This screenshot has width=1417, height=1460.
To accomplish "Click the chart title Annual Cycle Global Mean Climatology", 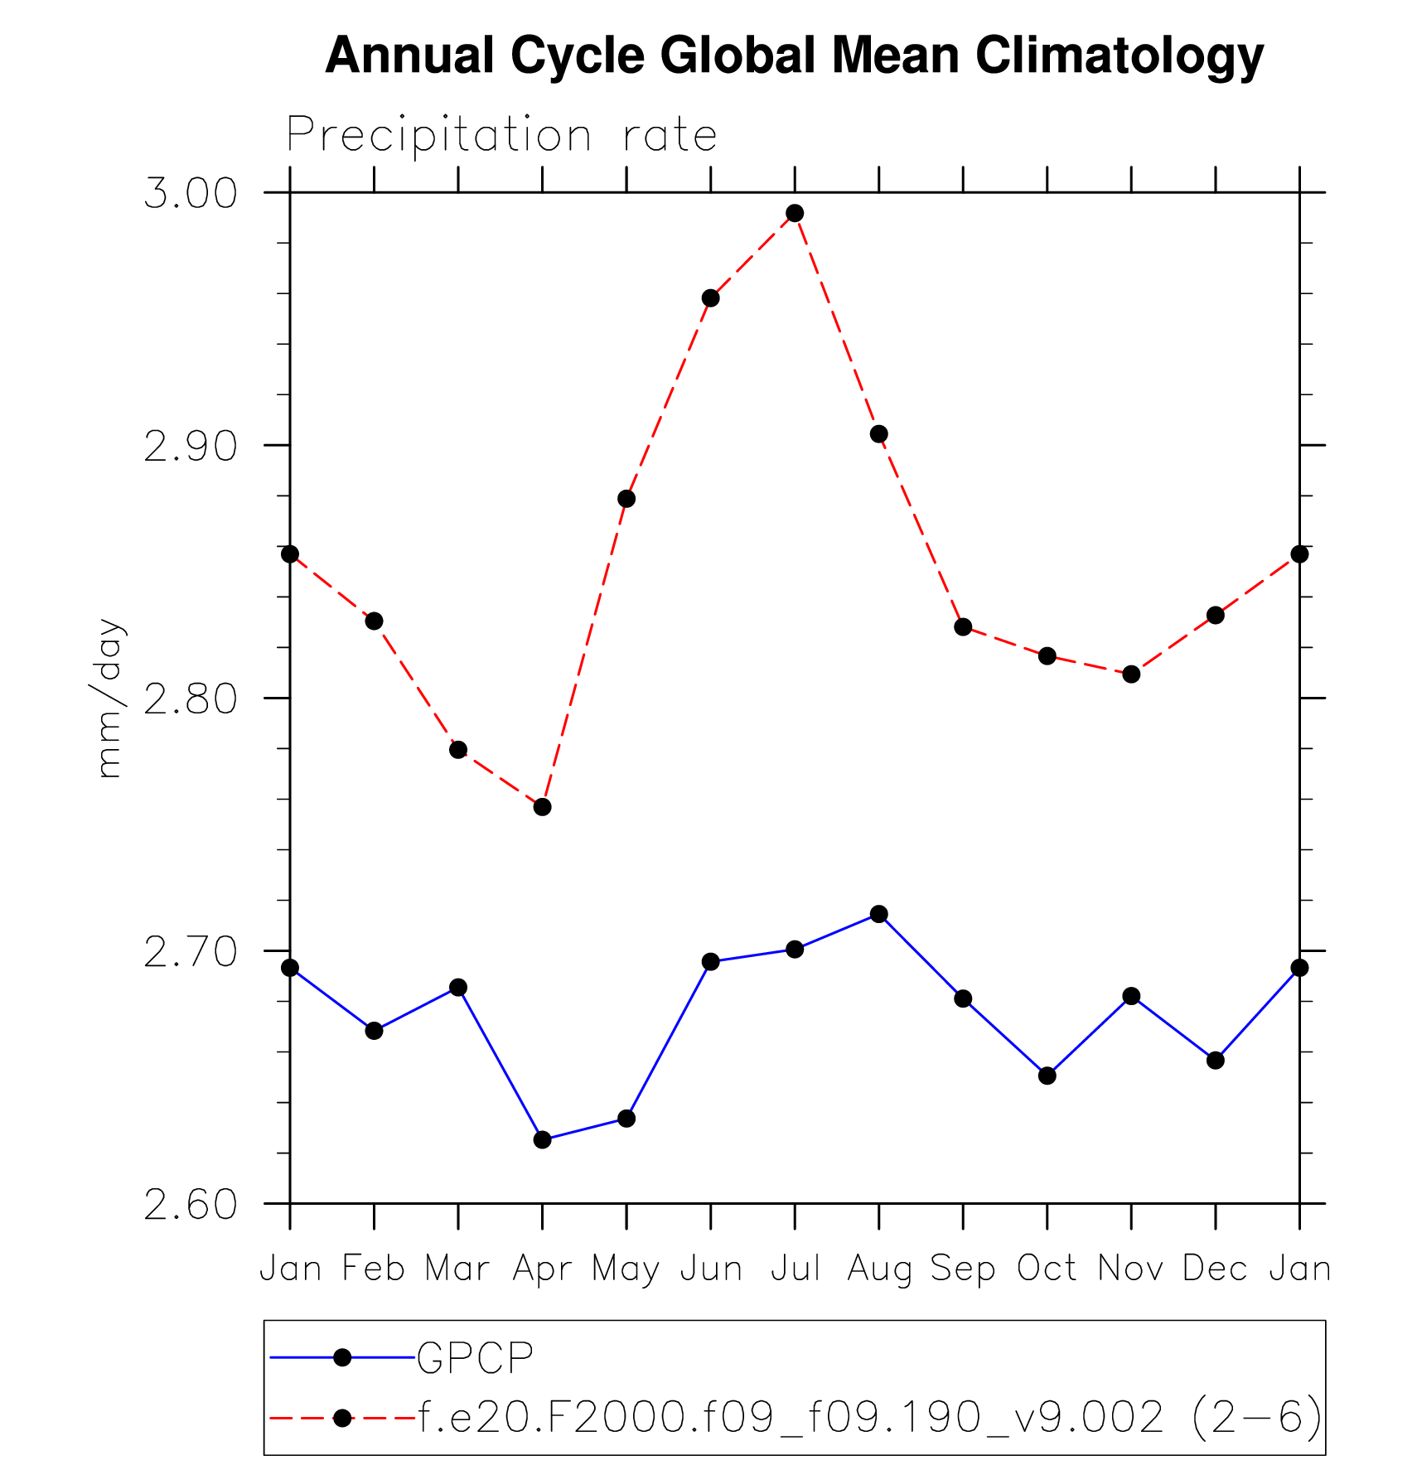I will [794, 56].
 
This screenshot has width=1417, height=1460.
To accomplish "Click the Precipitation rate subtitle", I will [501, 135].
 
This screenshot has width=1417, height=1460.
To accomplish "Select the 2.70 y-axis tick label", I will [191, 952].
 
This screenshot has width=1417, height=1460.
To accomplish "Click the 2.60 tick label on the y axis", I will [191, 1205].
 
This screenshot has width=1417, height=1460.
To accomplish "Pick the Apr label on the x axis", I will [542, 1269].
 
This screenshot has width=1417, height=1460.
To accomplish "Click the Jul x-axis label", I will [795, 1269].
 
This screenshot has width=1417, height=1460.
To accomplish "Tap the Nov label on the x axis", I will [1131, 1269].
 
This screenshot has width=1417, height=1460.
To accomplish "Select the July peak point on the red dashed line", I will [795, 214].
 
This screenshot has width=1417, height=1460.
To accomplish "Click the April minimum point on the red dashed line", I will [543, 807].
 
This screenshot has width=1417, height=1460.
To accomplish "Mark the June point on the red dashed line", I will [711, 298].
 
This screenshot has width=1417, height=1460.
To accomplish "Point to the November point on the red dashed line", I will [1132, 674].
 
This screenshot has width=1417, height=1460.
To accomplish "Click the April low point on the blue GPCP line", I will [543, 1140].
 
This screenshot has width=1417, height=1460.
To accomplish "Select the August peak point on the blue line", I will [879, 915].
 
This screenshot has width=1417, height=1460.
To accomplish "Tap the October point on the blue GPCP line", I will [1047, 1076].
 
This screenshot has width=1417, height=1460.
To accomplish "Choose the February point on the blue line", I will [375, 1031].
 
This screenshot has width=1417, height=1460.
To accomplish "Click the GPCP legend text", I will [475, 1357].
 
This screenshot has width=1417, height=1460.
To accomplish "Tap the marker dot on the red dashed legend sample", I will [342, 1418].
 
